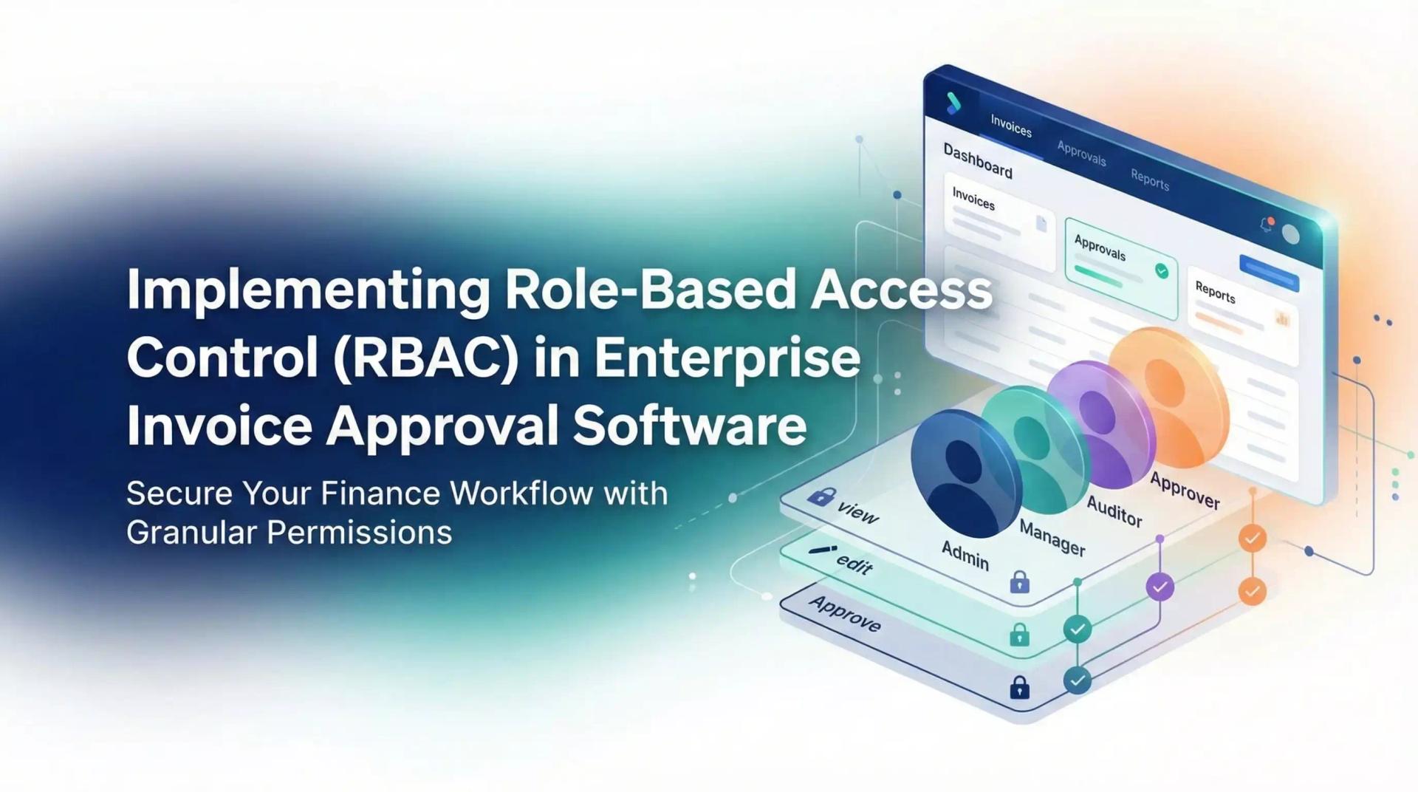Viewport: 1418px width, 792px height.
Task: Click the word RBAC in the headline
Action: pos(425,358)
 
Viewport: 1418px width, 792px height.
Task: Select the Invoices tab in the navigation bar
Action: pos(1010,127)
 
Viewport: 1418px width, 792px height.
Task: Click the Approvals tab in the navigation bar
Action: pos(1081,154)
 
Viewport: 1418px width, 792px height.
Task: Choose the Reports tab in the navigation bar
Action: pos(1150,180)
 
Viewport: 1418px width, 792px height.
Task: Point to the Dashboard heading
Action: pos(978,160)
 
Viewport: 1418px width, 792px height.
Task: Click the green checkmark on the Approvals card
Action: pos(1162,271)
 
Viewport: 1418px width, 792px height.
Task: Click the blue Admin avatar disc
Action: pos(964,473)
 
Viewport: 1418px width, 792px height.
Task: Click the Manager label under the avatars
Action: pos(1052,537)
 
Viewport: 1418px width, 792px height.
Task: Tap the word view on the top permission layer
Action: pos(857,511)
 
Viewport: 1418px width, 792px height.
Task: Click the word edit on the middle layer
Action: pos(854,564)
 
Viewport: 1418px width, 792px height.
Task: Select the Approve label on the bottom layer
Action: pos(845,613)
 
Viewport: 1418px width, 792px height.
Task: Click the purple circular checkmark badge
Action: pos(1160,587)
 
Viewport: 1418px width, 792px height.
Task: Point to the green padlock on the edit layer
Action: pos(1020,635)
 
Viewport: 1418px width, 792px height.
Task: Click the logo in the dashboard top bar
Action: pos(953,103)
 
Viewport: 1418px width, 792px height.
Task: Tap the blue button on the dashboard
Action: pos(1269,272)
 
